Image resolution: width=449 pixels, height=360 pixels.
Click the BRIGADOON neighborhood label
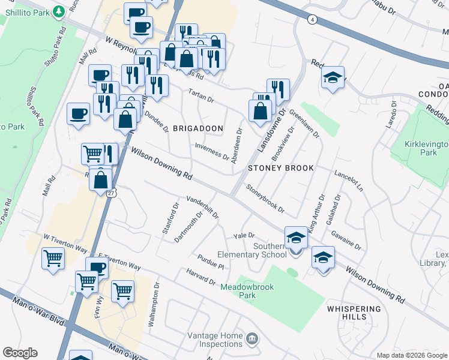click(198, 128)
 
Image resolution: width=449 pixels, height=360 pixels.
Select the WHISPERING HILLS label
click(354, 313)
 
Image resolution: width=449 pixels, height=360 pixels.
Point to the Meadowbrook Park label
click(247, 292)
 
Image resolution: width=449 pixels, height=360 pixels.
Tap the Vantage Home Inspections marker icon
click(253, 338)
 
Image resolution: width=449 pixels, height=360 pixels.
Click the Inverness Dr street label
click(211, 152)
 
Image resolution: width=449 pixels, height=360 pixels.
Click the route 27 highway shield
click(112, 193)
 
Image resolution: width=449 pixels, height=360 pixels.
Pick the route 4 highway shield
click(312, 20)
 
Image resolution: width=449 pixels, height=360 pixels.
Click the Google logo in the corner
click(20, 353)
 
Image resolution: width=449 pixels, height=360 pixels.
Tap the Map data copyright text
click(412, 355)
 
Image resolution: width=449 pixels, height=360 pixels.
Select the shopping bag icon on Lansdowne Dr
click(260, 111)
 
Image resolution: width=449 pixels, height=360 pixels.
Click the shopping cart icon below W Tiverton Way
click(53, 259)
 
